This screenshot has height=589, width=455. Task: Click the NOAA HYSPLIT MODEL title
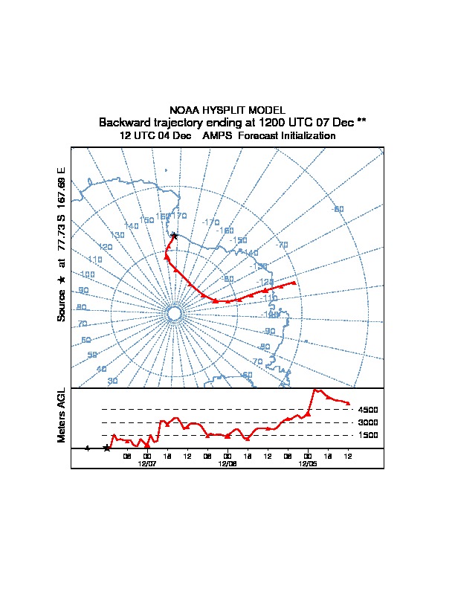[227, 110]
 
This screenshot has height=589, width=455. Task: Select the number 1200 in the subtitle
[274, 122]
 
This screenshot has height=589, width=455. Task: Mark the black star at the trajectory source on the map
[174, 236]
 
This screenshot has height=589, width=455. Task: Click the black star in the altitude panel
[107, 448]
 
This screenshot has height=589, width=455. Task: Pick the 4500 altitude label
[368, 410]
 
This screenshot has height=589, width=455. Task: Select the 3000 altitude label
[368, 422]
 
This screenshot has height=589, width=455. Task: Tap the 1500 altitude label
[368, 435]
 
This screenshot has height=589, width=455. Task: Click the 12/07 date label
[147, 463]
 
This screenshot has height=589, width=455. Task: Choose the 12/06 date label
[227, 463]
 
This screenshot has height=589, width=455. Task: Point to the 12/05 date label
[307, 463]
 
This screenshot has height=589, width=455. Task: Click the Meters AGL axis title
[62, 415]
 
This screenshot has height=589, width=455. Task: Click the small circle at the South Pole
[174, 315]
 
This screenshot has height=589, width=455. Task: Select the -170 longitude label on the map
[211, 222]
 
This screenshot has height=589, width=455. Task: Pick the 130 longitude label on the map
[117, 235]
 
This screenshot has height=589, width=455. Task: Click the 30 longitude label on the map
[112, 381]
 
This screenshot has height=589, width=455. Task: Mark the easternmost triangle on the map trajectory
[294, 283]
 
